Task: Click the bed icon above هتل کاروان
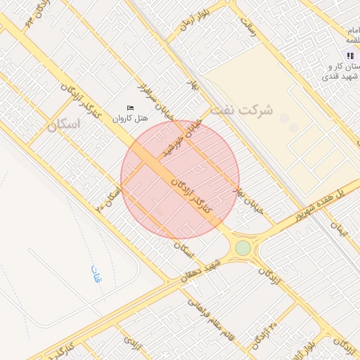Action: tap(130, 108)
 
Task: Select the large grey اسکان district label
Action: tap(64, 124)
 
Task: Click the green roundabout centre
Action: tap(243, 247)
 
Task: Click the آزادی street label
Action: tap(132, 343)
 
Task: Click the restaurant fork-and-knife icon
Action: tap(349, 56)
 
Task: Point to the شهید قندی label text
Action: tap(345, 76)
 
